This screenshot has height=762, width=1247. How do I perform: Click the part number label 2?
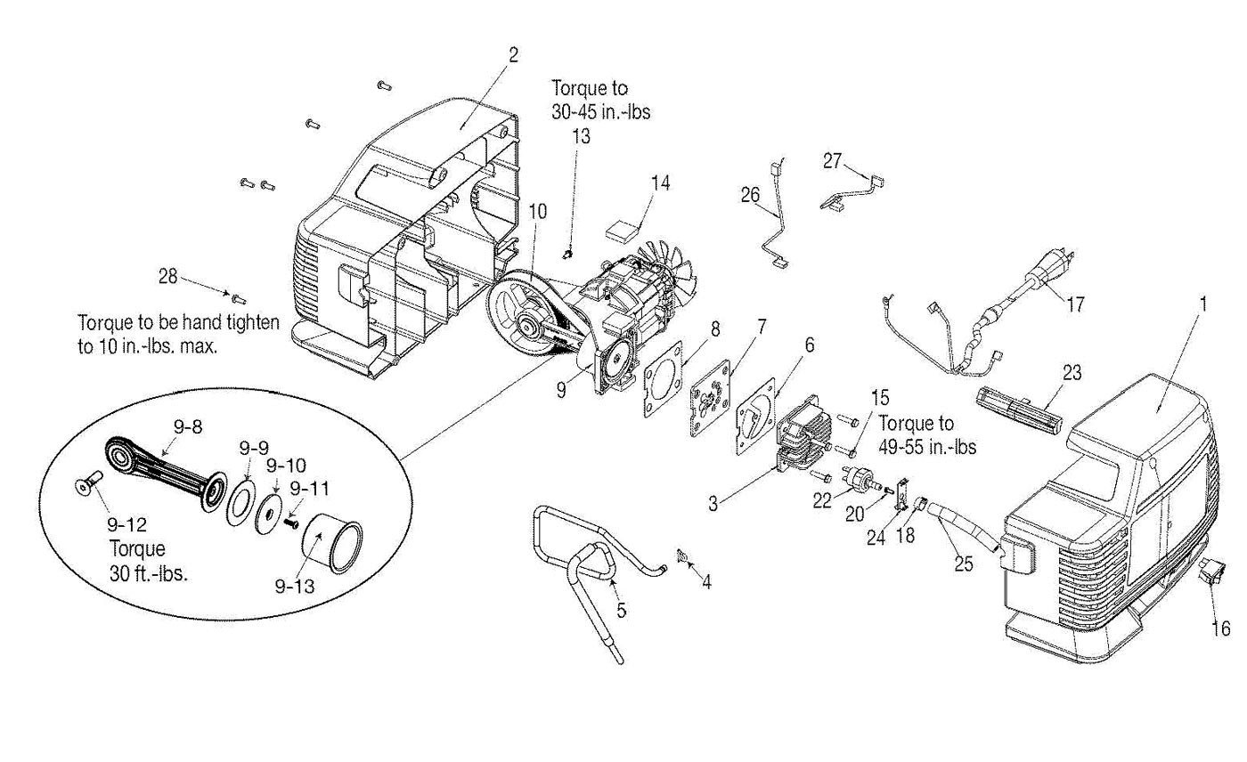(513, 55)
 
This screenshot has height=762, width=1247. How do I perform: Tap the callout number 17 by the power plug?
(1075, 304)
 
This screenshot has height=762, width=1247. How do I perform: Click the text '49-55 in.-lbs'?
(927, 447)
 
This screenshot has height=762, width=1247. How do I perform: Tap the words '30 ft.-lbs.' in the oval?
(149, 573)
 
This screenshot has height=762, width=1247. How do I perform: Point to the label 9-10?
(286, 465)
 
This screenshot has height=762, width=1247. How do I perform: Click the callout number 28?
(168, 276)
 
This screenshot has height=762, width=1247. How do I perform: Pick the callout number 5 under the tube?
(622, 610)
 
